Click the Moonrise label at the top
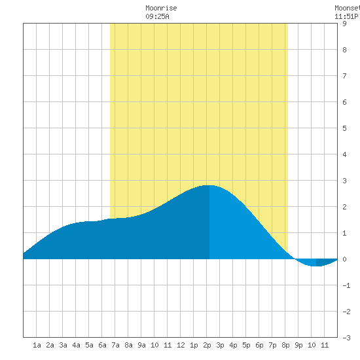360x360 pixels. (x=161, y=8)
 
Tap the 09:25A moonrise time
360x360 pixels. (x=157, y=16)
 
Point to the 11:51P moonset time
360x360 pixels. (x=346, y=16)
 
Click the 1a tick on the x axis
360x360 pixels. (x=37, y=345)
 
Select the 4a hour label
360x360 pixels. (x=76, y=345)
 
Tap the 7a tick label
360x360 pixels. (x=115, y=345)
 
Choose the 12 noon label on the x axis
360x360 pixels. (x=181, y=345)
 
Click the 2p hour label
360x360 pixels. (x=207, y=345)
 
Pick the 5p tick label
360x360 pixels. (x=246, y=345)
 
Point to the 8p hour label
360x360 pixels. (x=285, y=345)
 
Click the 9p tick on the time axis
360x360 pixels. (x=298, y=345)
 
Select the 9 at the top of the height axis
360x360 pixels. (x=344, y=24)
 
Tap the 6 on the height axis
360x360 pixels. (x=344, y=102)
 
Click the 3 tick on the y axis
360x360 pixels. (x=344, y=181)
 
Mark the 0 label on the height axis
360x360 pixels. (x=344, y=259)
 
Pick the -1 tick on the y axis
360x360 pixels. (x=346, y=285)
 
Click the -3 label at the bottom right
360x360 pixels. (x=346, y=338)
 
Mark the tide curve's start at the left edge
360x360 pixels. (x=24, y=253)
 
